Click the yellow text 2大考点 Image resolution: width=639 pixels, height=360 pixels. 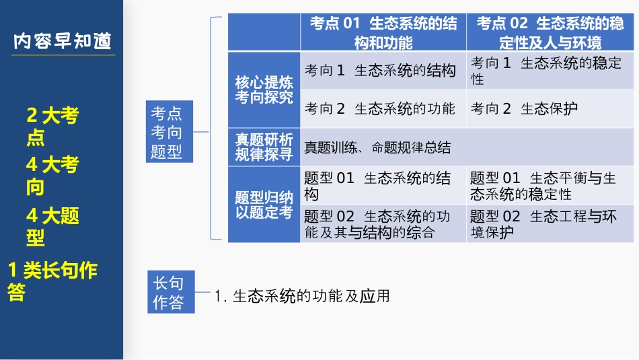pos(52,127)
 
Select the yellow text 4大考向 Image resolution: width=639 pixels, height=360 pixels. pos(52,175)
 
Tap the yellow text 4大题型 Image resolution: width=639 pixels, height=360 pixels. pos(52,226)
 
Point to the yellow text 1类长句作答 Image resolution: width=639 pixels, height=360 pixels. pos(52,281)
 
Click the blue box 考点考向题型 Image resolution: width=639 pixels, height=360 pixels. pos(167,132)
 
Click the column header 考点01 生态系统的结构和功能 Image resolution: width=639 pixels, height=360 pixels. pos(383,33)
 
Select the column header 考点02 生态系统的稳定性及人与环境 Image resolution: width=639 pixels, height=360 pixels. pos(550,33)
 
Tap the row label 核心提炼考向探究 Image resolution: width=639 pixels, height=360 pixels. pos(264,89)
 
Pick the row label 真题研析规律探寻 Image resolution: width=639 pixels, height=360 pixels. pos(264,147)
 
